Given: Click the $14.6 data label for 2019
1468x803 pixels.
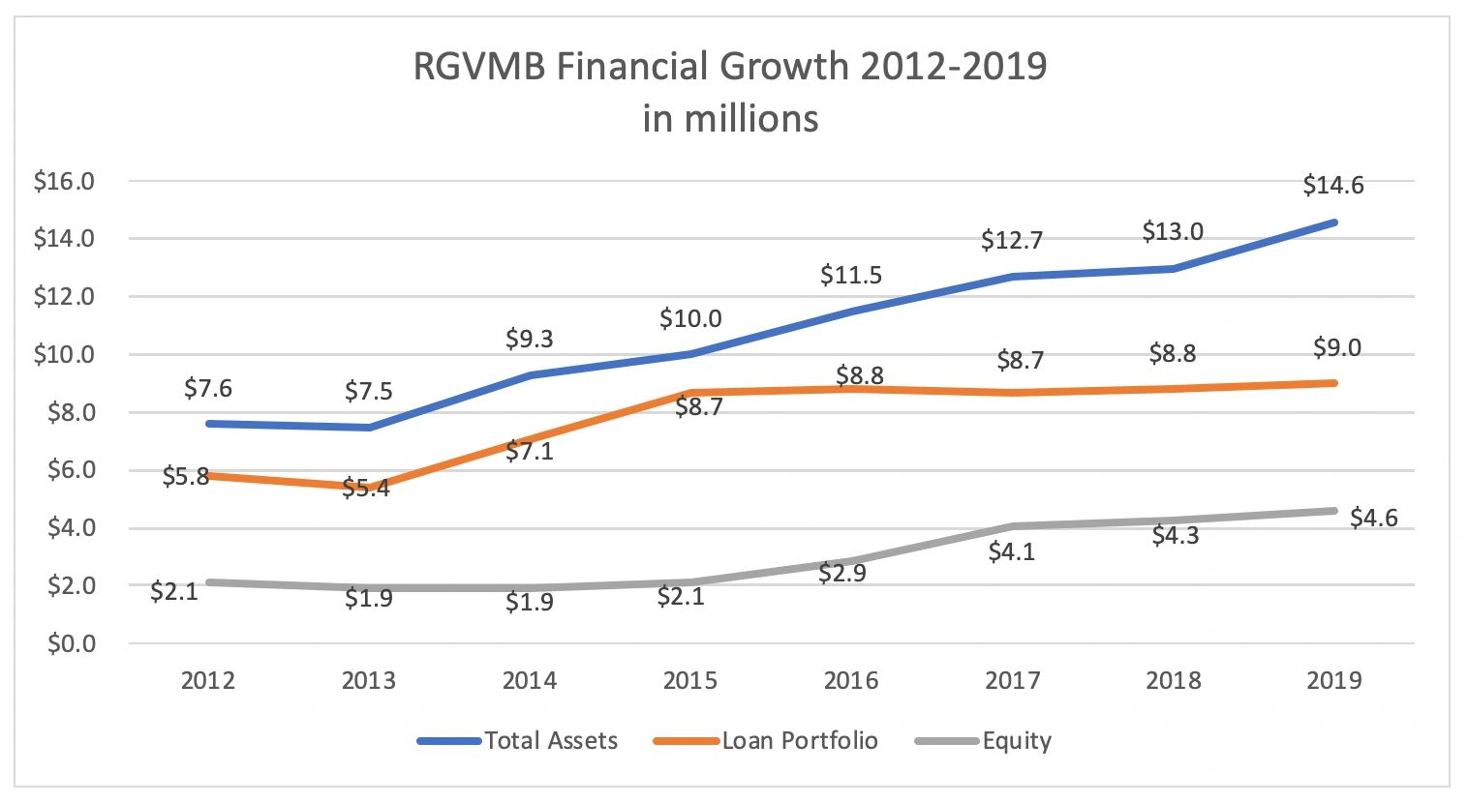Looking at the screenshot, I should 1332,185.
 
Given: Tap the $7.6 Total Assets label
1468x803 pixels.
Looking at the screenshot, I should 208,388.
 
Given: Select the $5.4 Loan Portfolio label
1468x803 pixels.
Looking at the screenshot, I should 369,488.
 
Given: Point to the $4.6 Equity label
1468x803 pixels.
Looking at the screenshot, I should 1373,518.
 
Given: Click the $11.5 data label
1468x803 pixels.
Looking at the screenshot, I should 851,275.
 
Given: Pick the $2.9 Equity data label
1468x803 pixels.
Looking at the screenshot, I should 841,573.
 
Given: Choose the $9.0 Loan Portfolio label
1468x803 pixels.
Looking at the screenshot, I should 1336,347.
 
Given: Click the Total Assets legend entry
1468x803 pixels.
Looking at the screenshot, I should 550,741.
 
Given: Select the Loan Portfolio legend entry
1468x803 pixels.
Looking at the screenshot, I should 800,741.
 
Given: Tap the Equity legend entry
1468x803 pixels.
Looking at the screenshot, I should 1016,741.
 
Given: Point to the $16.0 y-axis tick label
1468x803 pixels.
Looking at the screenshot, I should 63,181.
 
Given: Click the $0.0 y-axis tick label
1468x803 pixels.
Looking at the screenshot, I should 70,643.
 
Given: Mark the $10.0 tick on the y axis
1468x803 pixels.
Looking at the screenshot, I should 63,354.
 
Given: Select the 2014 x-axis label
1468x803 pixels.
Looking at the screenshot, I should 530,680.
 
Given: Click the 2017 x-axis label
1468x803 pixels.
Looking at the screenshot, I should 1013,680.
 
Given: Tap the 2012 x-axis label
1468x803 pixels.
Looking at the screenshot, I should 208,680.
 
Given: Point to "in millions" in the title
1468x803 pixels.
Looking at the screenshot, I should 730,119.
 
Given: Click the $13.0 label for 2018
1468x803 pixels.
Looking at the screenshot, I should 1173,231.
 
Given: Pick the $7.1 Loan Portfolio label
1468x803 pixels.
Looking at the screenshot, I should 530,450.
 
